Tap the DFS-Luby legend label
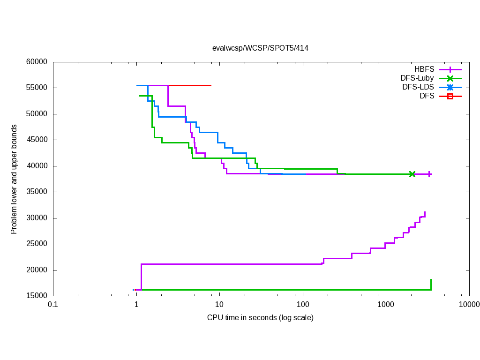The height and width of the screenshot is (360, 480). tap(417, 78)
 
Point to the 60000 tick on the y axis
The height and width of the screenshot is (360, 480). tap(38, 62)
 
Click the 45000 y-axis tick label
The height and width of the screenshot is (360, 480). tap(38, 140)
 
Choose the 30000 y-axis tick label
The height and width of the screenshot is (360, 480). tap(38, 218)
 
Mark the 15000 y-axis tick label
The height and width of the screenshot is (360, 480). tap(38, 296)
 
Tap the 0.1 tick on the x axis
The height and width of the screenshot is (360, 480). tap(53, 305)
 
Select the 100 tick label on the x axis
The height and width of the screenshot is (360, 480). tap(303, 305)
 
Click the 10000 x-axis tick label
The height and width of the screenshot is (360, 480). tap(469, 305)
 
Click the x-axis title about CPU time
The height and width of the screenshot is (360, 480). tap(260, 318)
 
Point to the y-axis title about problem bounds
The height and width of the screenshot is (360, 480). tap(15, 179)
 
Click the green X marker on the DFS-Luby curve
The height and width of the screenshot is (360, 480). tap(412, 174)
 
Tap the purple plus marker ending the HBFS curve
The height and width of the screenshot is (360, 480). tap(429, 174)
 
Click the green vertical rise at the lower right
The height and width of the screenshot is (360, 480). tap(431, 285)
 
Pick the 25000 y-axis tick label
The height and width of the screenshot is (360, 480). tap(38, 244)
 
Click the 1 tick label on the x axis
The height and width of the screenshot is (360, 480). tap(136, 305)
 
